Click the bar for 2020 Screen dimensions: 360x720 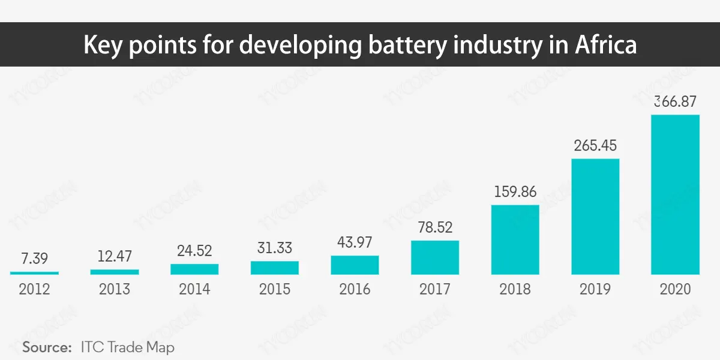(x=676, y=194)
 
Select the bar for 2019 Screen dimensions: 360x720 (x=595, y=217)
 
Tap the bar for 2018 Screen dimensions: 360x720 (x=515, y=240)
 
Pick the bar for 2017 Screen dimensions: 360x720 (x=435, y=257)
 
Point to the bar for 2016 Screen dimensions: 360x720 (x=355, y=265)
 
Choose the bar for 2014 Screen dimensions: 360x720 (x=194, y=269)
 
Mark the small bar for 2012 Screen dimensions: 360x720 (x=34, y=273)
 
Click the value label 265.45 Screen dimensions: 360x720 (x=595, y=146)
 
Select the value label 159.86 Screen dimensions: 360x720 (x=515, y=192)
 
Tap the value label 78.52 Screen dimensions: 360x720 (x=435, y=228)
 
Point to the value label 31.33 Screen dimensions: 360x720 (x=274, y=248)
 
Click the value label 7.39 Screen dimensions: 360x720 (x=34, y=259)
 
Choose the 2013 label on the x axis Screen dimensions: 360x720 (x=114, y=289)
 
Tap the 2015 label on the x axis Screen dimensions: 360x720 (x=274, y=289)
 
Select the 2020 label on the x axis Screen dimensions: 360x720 (x=676, y=289)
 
